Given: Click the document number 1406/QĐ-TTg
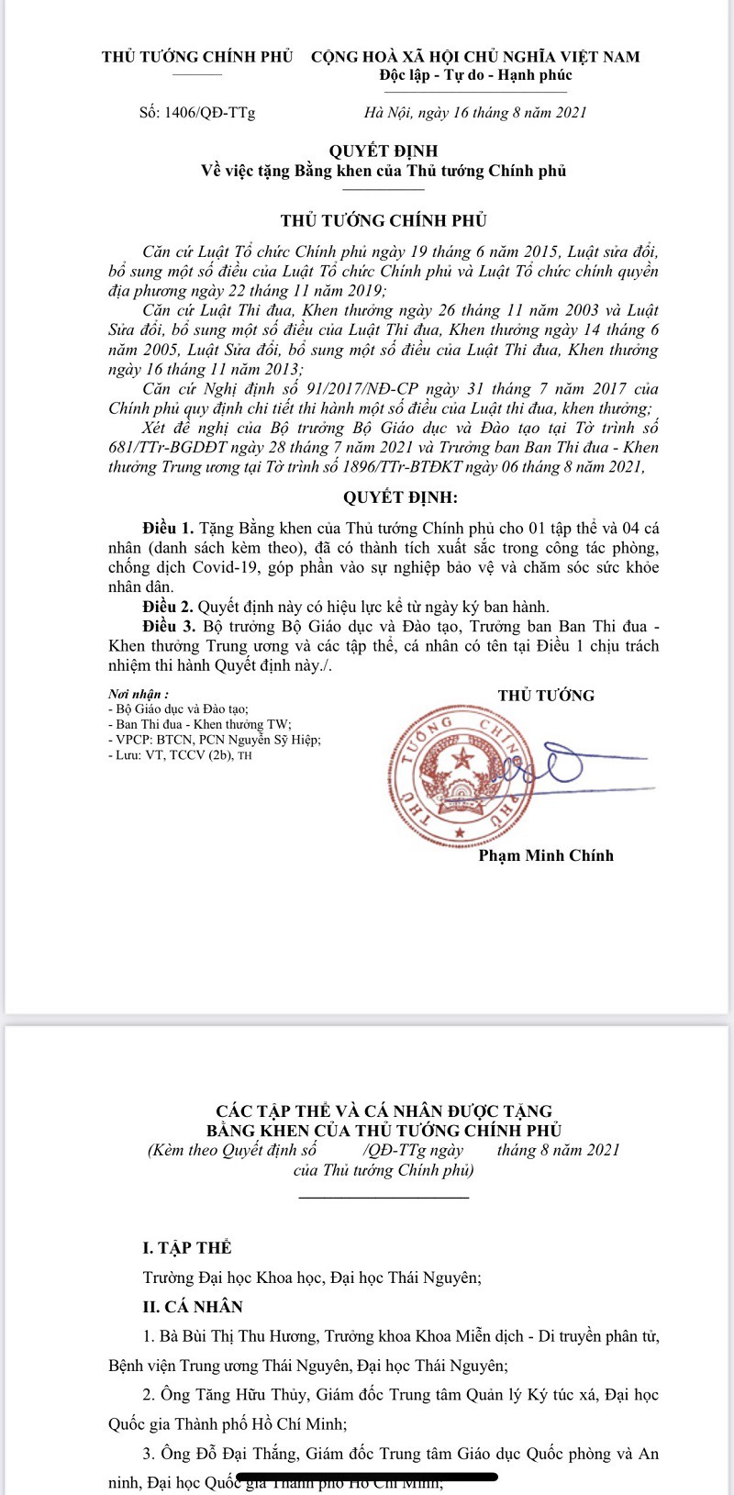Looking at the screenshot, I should [210, 113].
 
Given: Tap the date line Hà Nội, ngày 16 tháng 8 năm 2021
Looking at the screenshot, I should [475, 113].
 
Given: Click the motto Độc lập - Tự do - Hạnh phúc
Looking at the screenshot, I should [475, 75].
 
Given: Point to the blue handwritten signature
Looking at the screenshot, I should [550, 766].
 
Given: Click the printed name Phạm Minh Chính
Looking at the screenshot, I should [546, 855].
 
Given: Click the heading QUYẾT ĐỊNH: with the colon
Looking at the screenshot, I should [400, 498].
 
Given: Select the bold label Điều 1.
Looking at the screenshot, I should [168, 529].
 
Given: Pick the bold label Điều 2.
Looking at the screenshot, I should [168, 607].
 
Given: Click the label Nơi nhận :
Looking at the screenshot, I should [139, 695].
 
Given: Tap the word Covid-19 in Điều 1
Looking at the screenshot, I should [224, 567].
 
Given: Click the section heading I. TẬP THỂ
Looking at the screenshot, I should [187, 1247].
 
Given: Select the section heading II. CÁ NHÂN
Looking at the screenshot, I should [193, 1307].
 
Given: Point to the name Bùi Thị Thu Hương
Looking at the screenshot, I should [267, 1336].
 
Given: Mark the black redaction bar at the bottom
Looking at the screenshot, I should [367, 1478].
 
